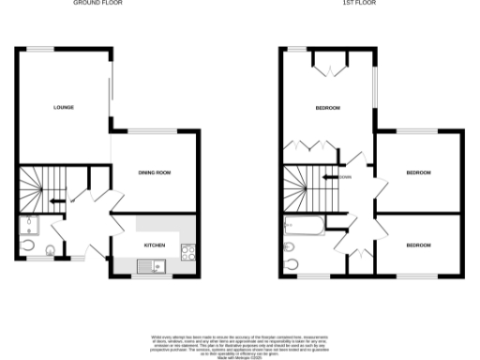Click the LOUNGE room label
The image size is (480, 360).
(x=64, y=108)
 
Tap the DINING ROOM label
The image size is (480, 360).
(x=155, y=173)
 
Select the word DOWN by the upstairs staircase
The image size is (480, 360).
(x=345, y=176)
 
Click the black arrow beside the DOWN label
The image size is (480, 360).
(x=329, y=176)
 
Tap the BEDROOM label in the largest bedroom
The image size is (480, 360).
(x=327, y=108)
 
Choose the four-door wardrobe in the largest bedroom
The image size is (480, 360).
(x=309, y=146)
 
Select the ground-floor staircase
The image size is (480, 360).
(x=41, y=187)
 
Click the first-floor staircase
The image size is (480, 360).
(x=306, y=187)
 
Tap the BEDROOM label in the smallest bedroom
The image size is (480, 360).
(x=418, y=246)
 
